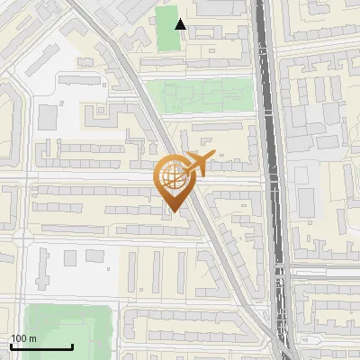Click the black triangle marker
click(181, 24)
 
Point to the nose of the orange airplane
click(212, 157)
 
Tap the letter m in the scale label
click(33, 338)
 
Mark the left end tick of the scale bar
click(12, 346)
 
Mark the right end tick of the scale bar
click(72, 346)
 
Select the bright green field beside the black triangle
click(166, 29)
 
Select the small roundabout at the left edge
click(20, 236)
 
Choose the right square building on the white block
click(94, 257)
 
